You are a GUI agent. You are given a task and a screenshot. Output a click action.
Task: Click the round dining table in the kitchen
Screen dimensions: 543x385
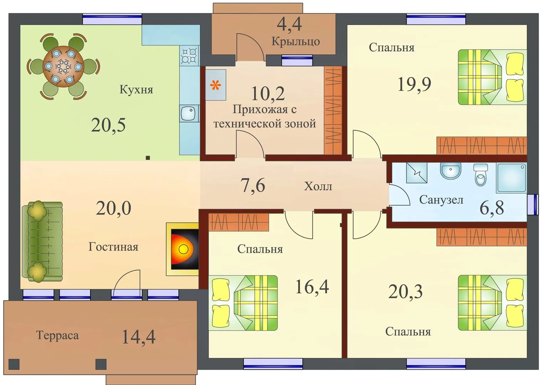63,66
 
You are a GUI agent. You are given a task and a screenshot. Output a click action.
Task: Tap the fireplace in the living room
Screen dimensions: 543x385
182,249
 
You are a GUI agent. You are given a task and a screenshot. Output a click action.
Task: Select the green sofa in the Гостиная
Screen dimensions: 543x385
42,242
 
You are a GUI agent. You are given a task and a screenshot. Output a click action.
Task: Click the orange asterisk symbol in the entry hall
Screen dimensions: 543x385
216,85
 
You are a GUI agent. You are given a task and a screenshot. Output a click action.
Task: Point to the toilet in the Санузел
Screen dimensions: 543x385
480,175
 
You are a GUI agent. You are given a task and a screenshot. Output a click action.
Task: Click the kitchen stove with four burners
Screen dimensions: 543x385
189,56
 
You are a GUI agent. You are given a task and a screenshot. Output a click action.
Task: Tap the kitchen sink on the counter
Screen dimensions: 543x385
188,113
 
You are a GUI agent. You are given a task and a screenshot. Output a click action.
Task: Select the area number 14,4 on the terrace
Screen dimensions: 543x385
138,337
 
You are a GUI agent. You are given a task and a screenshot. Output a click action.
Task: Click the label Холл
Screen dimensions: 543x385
318,186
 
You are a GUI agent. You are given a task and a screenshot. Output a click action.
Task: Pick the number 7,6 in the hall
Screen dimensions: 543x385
253,185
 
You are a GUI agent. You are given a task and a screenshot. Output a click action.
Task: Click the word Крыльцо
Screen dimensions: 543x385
295,41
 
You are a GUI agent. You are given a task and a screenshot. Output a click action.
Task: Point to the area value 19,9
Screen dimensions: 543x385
414,84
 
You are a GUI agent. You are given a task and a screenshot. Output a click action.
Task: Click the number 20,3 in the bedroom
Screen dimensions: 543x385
405,291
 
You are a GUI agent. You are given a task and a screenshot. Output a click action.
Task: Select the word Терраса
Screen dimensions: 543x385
57,335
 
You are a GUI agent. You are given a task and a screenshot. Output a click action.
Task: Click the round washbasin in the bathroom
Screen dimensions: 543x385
450,171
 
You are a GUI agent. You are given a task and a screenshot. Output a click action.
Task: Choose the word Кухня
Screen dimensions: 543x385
136,89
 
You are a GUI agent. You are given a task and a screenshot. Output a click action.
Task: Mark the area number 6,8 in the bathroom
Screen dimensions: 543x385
492,208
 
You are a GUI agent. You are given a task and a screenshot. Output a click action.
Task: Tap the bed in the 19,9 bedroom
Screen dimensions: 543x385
492,77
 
